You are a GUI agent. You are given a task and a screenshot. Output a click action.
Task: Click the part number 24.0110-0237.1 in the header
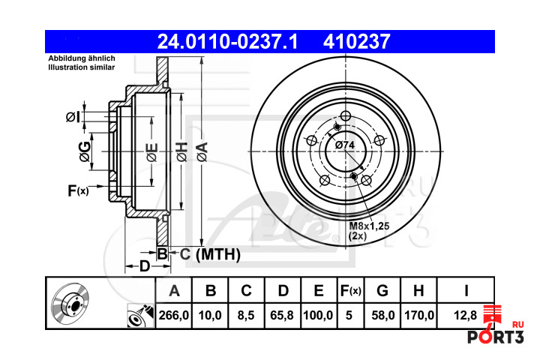[227, 42]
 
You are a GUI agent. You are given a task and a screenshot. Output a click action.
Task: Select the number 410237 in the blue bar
[356, 42]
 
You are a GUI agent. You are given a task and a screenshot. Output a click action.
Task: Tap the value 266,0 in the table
[174, 315]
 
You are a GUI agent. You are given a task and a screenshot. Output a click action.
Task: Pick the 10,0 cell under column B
[210, 315]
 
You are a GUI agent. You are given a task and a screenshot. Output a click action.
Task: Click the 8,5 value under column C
[246, 315]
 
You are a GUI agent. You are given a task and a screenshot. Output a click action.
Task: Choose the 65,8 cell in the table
[282, 315]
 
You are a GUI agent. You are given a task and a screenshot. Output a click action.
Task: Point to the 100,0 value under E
[318, 315]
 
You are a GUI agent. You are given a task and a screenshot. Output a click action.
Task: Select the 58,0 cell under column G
[382, 315]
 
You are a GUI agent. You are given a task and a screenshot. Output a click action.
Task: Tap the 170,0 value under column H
[419, 315]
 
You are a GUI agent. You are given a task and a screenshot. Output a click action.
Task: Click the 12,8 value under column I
[465, 315]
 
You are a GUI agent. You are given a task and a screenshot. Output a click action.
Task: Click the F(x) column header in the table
[350, 291]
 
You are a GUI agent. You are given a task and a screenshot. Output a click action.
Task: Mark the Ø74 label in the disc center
[345, 145]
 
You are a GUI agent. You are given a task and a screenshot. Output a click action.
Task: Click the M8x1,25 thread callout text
[369, 226]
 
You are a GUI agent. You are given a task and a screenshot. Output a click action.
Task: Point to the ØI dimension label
[73, 117]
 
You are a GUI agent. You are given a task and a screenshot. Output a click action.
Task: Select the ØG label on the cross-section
[85, 151]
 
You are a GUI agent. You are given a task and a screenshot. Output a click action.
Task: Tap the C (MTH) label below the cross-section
[210, 254]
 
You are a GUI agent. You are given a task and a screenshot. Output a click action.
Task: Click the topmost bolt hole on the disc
[345, 116]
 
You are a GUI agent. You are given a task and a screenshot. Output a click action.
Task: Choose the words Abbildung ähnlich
[82, 58]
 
